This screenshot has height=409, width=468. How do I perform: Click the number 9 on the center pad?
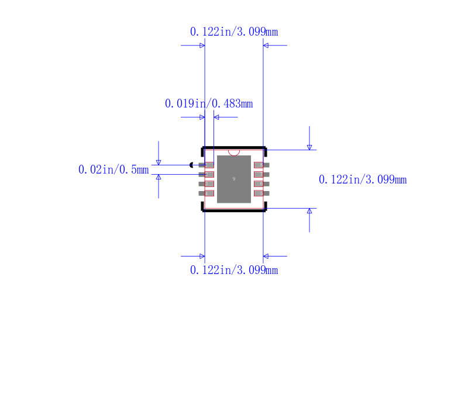coord(234,179)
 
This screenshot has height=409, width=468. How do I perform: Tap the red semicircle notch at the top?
coord(234,152)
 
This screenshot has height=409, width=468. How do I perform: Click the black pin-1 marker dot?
coord(192,165)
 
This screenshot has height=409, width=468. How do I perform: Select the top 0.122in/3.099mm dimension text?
coord(234,32)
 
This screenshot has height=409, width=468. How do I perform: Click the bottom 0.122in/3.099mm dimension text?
coord(234,270)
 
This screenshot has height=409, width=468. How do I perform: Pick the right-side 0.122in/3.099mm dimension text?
coord(362,179)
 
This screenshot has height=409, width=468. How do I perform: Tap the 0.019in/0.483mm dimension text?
coord(209,103)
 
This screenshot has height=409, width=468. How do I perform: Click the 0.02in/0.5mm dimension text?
coord(113,169)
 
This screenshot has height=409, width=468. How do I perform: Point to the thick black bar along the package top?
coord(234,147)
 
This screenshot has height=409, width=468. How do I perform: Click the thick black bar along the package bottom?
coord(234,210)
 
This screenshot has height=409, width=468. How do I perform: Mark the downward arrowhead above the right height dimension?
coord(309,147)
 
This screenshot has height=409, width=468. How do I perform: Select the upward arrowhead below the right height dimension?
coord(309,211)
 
